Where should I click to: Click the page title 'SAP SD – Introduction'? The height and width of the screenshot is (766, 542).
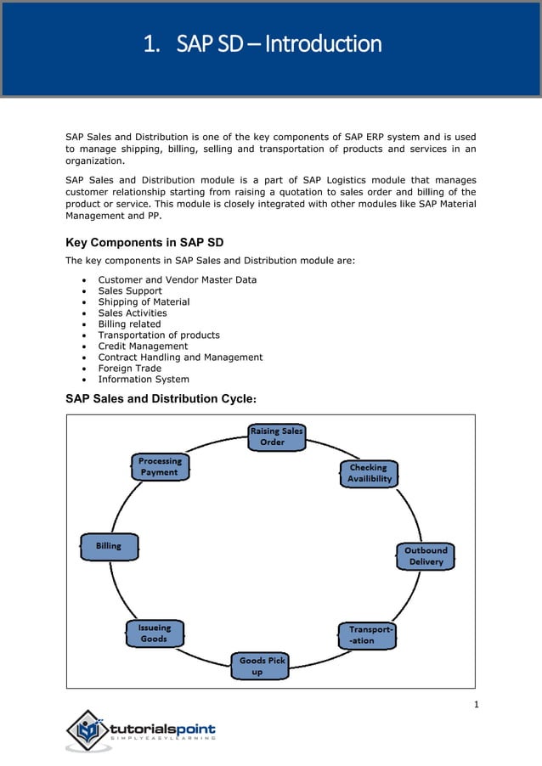[263, 43]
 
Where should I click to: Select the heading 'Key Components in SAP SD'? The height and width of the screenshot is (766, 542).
[144, 243]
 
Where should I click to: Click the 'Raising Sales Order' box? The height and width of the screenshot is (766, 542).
[276, 437]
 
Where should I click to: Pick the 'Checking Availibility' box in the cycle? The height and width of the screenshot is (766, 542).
[369, 473]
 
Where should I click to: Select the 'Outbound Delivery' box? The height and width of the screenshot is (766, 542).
[425, 556]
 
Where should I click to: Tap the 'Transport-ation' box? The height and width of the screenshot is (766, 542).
[368, 635]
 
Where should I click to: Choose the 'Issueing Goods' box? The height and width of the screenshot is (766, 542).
[154, 634]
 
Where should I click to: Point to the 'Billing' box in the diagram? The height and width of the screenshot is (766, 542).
[109, 546]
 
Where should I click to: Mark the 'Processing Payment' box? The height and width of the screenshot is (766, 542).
[160, 466]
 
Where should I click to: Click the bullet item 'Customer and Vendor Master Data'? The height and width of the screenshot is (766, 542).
[177, 279]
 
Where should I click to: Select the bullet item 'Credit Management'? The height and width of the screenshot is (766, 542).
[143, 346]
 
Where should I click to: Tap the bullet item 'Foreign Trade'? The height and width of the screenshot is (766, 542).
[129, 369]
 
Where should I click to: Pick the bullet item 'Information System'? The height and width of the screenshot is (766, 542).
[144, 380]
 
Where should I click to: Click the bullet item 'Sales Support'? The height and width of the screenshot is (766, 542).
[130, 290]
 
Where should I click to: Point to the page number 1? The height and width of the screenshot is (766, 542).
[477, 703]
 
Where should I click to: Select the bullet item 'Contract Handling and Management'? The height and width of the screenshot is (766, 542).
[180, 358]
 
